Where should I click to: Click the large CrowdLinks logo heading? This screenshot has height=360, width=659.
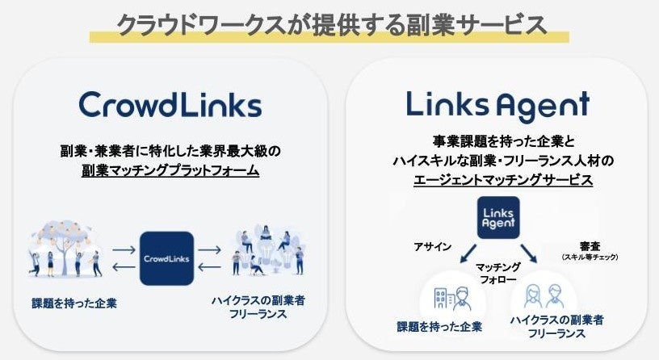point(170,105)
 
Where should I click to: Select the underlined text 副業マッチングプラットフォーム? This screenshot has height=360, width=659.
point(170,170)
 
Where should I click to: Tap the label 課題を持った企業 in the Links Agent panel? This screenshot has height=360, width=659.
point(439,327)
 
